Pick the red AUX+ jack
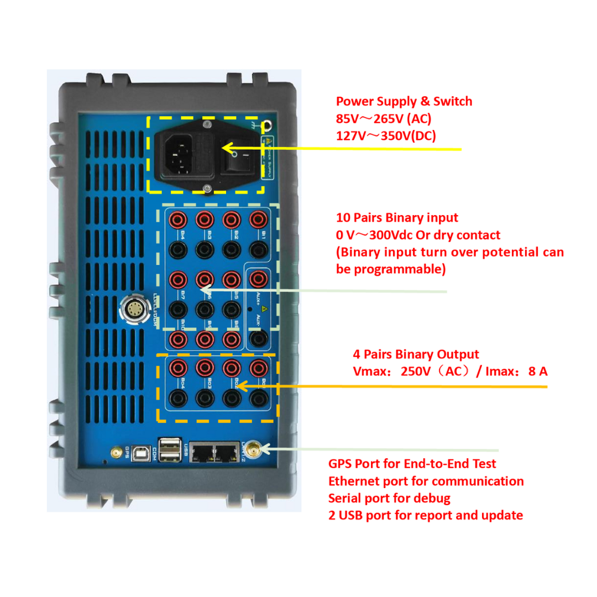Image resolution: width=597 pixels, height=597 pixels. [x=256, y=278]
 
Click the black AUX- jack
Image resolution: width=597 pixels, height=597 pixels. [x=256, y=338]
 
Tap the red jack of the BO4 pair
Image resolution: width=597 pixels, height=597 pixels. [x=180, y=366]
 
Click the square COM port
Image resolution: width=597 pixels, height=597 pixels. [x=143, y=453]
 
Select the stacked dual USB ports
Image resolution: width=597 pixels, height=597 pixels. [x=169, y=449]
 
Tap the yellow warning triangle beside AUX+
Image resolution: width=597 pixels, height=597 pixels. [x=265, y=307]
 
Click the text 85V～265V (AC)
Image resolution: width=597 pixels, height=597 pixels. [x=384, y=118]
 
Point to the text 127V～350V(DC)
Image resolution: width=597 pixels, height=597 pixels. [x=386, y=135]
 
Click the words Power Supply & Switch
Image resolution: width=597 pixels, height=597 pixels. [x=404, y=101]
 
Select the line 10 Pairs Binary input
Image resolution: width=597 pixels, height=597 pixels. [x=397, y=218]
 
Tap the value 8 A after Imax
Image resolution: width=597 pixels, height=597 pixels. [x=538, y=371]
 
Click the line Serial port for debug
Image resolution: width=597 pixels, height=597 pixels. [x=389, y=498]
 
